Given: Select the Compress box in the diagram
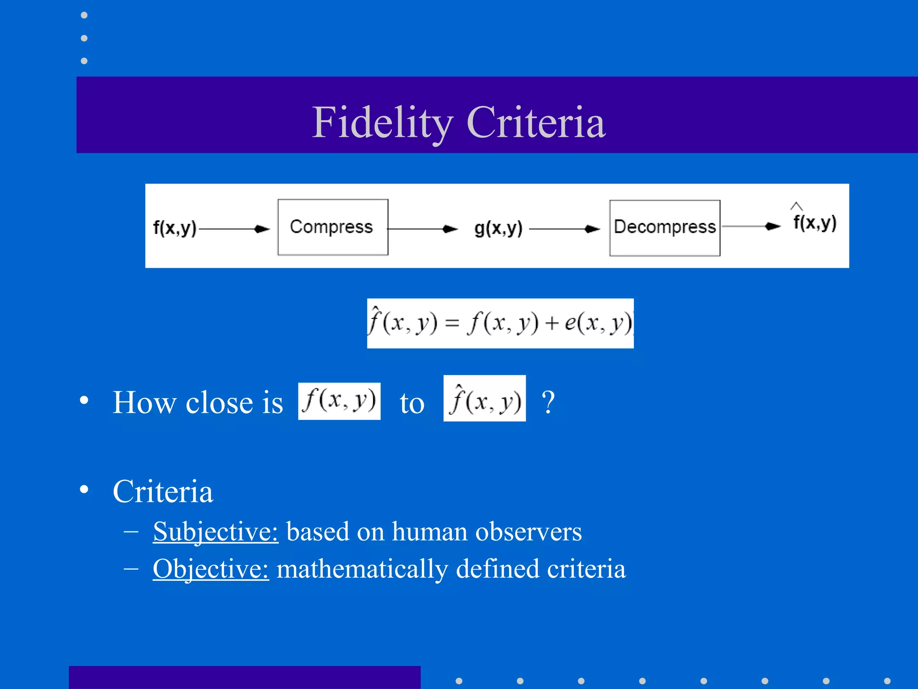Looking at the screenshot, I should (333, 227).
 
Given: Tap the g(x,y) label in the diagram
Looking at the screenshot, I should (498, 228).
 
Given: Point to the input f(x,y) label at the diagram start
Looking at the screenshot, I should (174, 228).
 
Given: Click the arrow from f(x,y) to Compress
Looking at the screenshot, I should (234, 229).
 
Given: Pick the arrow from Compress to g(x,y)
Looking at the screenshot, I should (423, 229).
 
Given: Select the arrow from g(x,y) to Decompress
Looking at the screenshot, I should (564, 229).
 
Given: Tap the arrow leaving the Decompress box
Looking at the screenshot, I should (751, 227).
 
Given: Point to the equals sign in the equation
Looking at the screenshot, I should (452, 323).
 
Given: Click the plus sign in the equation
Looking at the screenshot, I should (552, 323).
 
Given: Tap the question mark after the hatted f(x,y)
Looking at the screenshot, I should (548, 402).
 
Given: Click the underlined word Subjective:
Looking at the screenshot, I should (216, 532).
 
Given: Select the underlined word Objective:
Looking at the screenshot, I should (211, 569).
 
